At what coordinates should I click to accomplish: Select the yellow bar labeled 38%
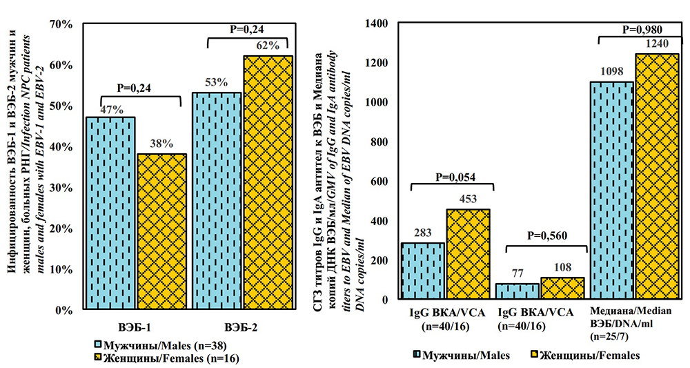[161, 231]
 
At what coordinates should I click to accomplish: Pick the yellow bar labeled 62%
[268, 182]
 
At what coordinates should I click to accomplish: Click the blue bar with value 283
[422, 271]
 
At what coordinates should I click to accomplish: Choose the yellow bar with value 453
[468, 254]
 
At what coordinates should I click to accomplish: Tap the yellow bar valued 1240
[657, 177]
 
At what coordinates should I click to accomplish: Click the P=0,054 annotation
[453, 175]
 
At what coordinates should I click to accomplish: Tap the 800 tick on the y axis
[379, 142]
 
